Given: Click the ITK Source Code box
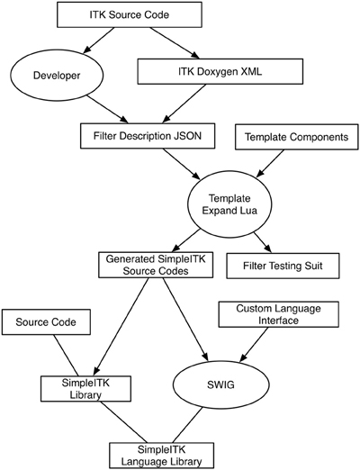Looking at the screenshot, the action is tap(130, 14).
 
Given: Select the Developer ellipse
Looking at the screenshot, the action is tap(57, 75).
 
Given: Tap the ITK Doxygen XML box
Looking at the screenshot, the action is tap(220, 71).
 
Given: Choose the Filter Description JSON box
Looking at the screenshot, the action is tap(148, 136).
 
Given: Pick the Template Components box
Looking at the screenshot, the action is tap(296, 137).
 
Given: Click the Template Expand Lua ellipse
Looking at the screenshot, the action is tap(229, 204).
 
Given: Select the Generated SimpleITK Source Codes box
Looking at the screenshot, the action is tap(156, 265).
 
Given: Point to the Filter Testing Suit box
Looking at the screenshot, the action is tap(283, 266).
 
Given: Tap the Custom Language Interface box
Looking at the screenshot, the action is tap(279, 314).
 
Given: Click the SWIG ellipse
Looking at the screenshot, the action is tap(220, 384).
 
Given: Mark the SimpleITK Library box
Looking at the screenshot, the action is tap(85, 388).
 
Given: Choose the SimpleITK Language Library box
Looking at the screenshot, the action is tap(161, 456).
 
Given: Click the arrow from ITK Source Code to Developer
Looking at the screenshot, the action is tap(99, 41).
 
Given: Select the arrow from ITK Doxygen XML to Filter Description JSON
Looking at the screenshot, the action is tap(184, 104).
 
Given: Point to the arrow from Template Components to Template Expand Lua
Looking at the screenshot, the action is tap(269, 164).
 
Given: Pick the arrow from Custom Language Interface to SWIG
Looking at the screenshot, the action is tap(254, 344).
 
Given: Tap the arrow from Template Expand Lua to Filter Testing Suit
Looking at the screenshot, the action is tap(263, 242).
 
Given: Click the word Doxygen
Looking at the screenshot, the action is tap(220, 72).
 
